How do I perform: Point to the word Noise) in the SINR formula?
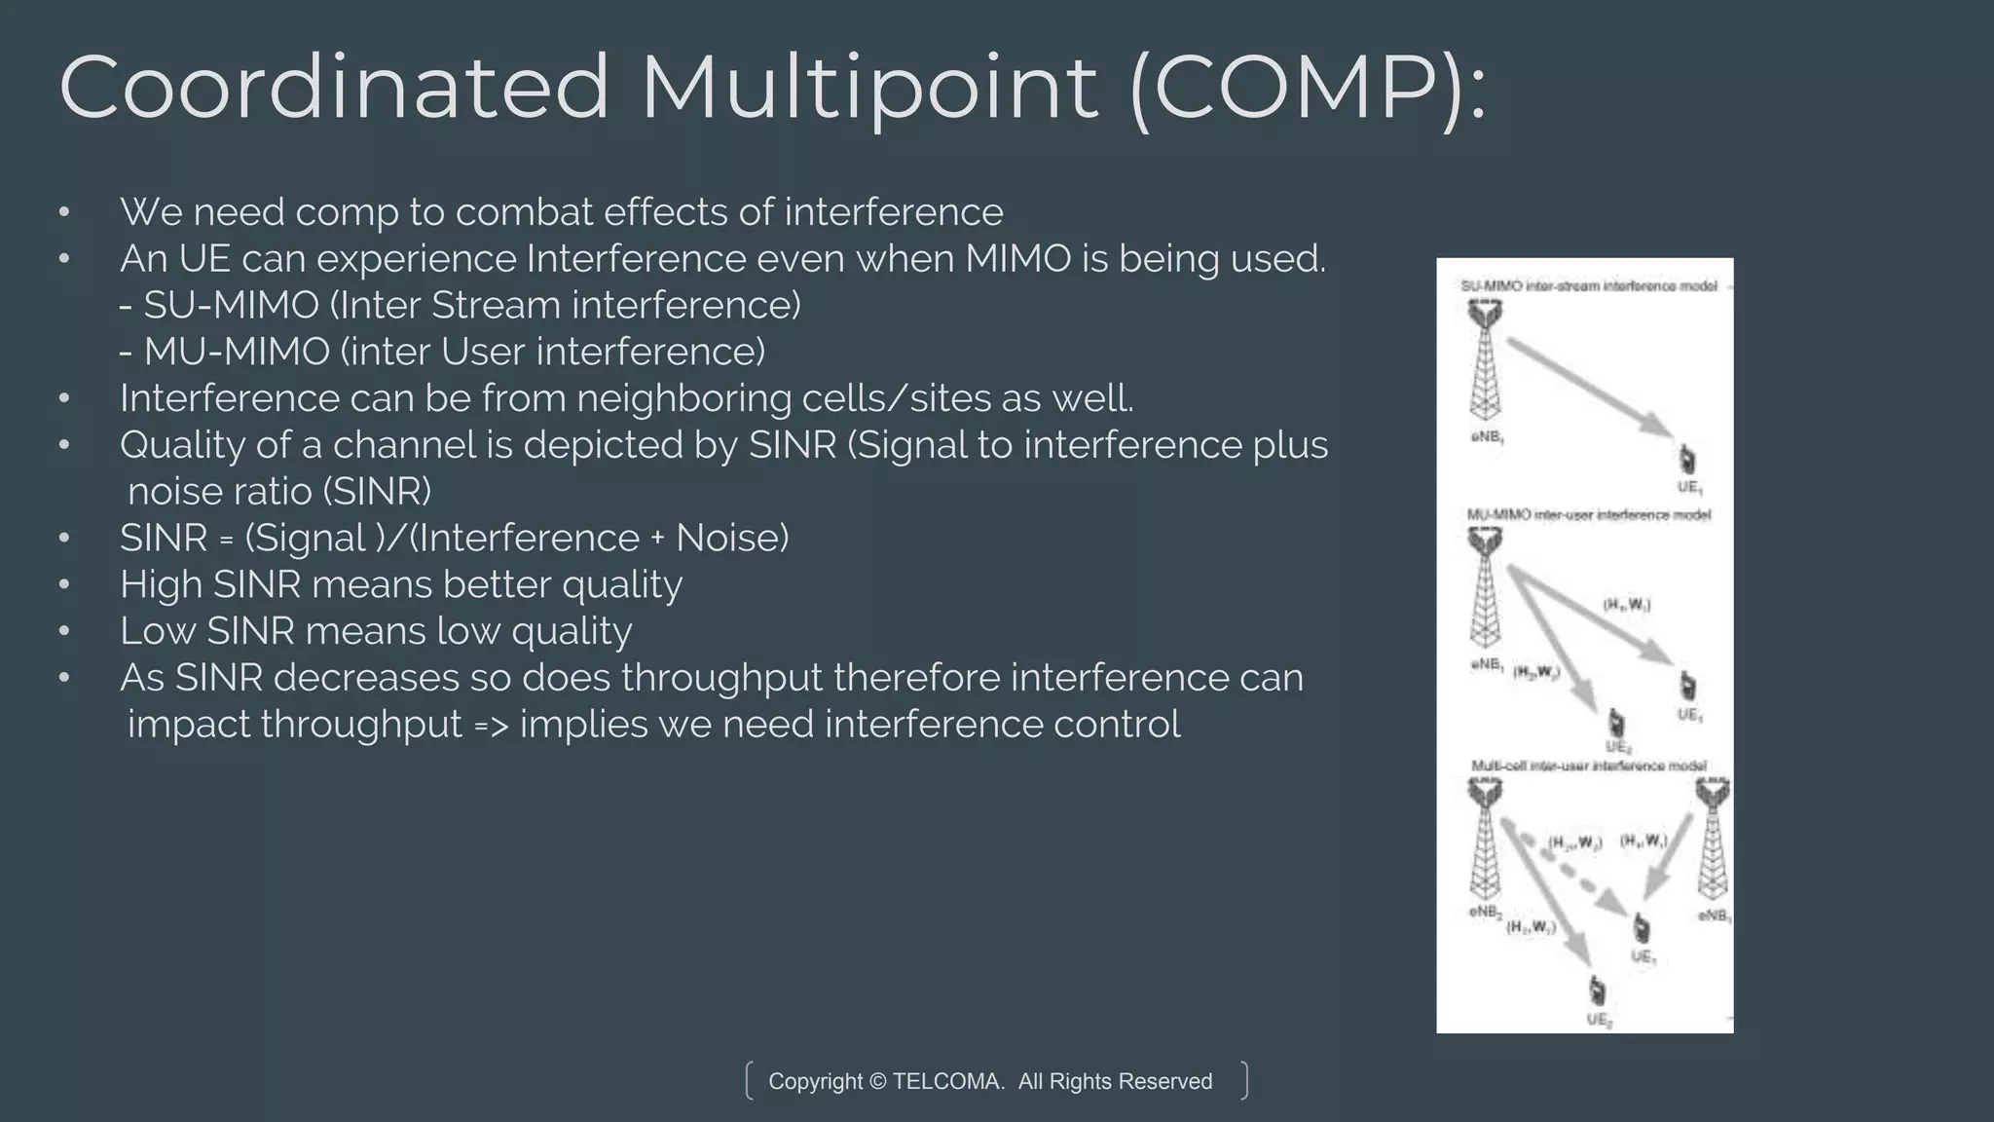732,539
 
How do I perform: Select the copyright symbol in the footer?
878,1081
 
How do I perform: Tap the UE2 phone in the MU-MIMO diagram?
1616,724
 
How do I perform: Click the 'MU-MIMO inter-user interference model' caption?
1588,514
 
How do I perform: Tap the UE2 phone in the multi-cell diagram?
1597,992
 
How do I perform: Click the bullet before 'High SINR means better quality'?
64,585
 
